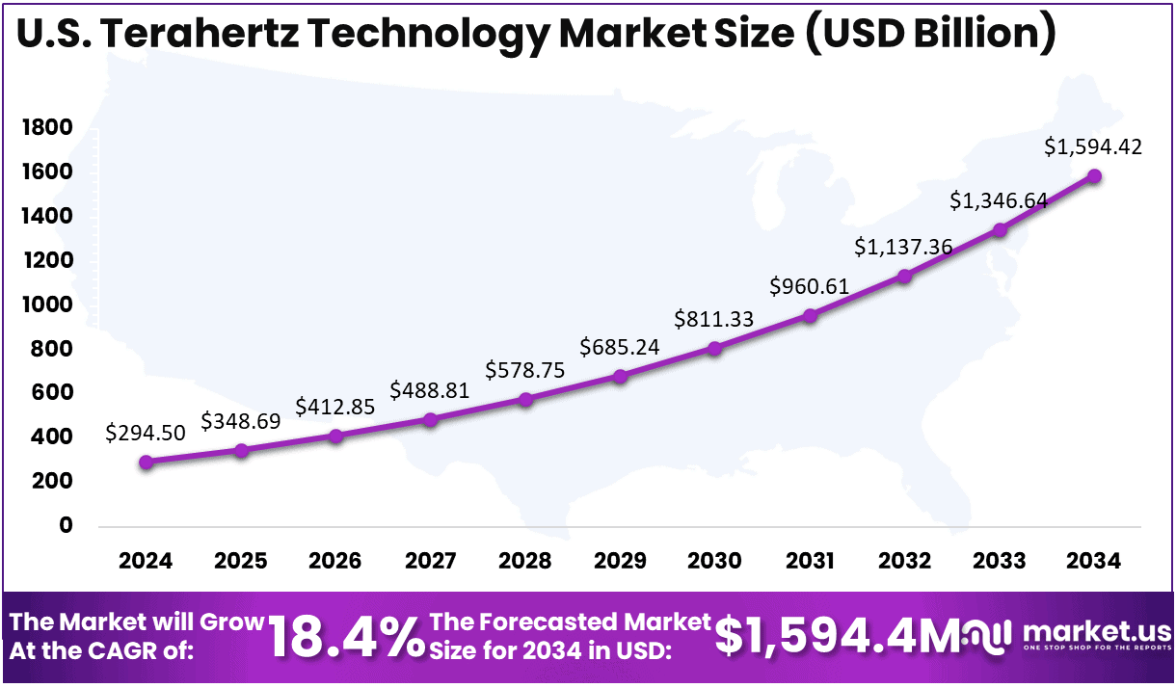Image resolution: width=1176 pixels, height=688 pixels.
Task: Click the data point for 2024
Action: click(146, 463)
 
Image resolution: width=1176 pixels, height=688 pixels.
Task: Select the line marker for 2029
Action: click(620, 376)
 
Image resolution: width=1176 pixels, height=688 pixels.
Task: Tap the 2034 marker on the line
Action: click(1094, 176)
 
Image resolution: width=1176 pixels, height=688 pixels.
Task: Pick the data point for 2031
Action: click(810, 315)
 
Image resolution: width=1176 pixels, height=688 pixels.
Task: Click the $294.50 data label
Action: click(146, 433)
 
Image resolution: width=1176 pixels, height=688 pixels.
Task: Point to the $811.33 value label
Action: click(714, 318)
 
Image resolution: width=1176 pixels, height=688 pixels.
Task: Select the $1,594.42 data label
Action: click(1093, 146)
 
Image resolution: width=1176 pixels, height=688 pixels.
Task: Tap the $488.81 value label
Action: click(430, 389)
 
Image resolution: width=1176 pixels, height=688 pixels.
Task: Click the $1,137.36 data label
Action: click(903, 247)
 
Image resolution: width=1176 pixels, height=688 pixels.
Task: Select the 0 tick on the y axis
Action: click(66, 525)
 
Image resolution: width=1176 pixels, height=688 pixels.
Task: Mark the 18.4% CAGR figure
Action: click(345, 637)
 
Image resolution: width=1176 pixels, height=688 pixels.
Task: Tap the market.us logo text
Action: click(1096, 631)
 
